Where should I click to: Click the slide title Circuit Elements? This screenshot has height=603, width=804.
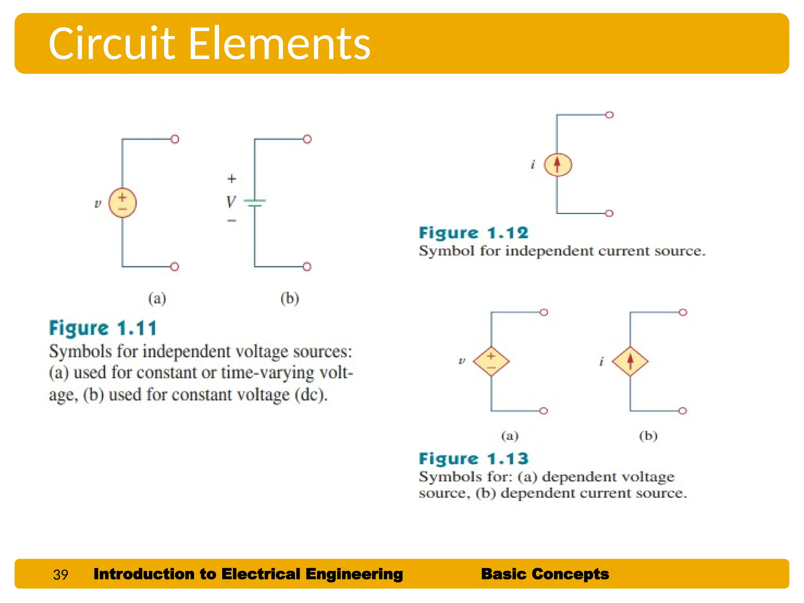[x=209, y=43]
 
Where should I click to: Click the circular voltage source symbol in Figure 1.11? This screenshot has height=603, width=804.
[x=122, y=203]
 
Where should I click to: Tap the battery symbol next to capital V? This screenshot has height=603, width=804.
[x=255, y=203]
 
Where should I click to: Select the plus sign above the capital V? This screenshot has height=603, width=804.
[x=232, y=179]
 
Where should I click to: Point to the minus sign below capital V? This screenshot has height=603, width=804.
[x=232, y=221]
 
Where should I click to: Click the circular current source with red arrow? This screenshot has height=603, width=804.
[x=557, y=164]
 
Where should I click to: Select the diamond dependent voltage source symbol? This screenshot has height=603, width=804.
[x=491, y=362]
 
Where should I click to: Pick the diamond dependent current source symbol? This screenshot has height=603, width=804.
[x=630, y=362]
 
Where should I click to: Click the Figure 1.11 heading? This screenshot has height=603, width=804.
[x=103, y=328]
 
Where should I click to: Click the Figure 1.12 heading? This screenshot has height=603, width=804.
[x=473, y=233]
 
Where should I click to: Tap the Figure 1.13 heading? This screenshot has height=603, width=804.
[x=473, y=459]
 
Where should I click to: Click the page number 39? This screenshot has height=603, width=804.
[x=60, y=575]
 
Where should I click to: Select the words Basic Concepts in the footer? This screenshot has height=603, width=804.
[x=545, y=574]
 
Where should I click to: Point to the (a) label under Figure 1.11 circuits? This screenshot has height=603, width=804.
[x=157, y=299]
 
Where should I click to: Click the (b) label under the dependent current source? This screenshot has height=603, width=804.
[x=648, y=436]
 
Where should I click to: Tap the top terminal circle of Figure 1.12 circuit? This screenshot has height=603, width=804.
[x=609, y=115]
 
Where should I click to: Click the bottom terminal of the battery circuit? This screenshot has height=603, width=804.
[x=307, y=267]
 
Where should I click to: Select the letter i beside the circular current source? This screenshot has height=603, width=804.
[x=533, y=164]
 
